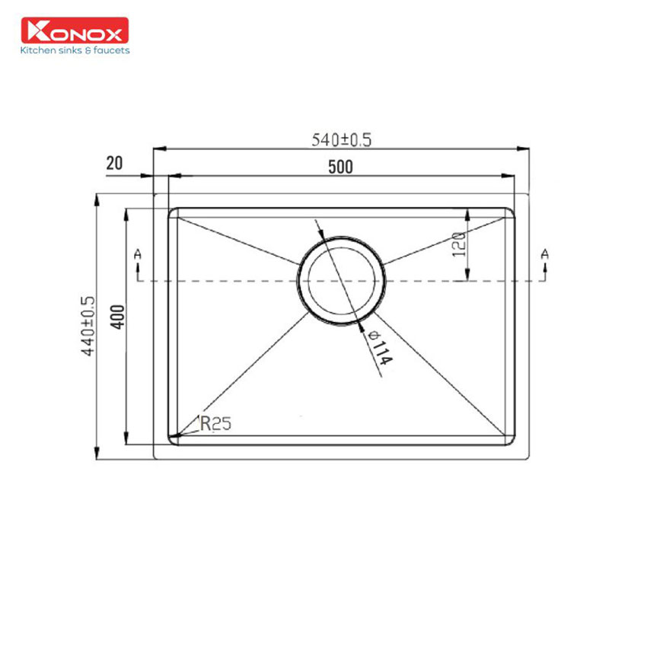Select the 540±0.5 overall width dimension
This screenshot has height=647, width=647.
tap(341, 140)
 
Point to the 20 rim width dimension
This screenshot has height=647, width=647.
tap(115, 164)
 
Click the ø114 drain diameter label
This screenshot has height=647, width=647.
tap(378, 349)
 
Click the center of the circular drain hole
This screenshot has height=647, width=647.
tap(341, 281)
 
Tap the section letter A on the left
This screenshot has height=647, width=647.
tap(137, 253)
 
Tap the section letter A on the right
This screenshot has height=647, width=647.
tap(544, 253)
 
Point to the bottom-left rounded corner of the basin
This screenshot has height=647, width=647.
tap(173, 440)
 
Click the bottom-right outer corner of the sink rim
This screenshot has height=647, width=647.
tap(527, 458)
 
